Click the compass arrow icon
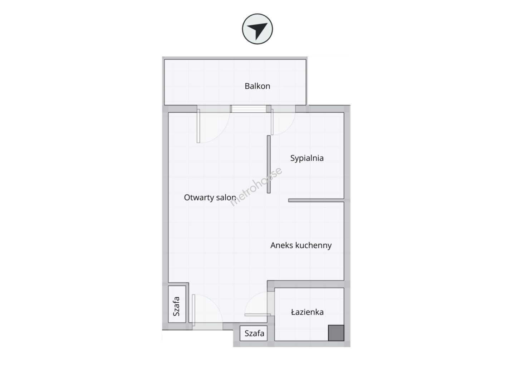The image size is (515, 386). pyautogui.click(x=257, y=29)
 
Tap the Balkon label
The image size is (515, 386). pyautogui.click(x=257, y=86)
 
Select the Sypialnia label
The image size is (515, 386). pyautogui.click(x=306, y=158)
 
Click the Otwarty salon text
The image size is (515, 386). pyautogui.click(x=210, y=197)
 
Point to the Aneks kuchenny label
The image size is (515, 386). pyautogui.click(x=301, y=245)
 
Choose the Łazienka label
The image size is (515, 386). pyautogui.click(x=307, y=312)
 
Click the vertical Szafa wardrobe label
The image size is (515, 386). pyautogui.click(x=176, y=306)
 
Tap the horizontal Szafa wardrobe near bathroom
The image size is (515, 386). pyautogui.click(x=254, y=333)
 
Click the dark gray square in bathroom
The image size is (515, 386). pyautogui.click(x=336, y=333)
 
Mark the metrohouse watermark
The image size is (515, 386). pyautogui.click(x=256, y=187)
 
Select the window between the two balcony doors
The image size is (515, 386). pyautogui.click(x=249, y=109)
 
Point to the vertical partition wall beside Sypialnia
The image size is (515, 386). pyautogui.click(x=269, y=164)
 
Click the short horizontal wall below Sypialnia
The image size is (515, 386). pyautogui.click(x=316, y=201)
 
